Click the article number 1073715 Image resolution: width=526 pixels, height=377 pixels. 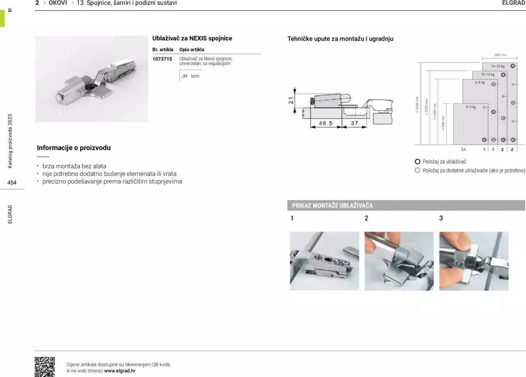point(162,59)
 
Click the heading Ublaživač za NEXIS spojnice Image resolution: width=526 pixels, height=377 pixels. point(192,38)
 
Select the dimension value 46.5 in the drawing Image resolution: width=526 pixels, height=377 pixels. point(325,123)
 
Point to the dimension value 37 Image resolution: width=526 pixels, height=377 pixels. point(354,123)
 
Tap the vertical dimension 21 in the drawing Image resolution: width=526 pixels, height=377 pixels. point(291,100)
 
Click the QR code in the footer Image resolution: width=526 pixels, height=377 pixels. point(44,366)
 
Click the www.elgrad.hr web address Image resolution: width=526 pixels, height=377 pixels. point(120,371)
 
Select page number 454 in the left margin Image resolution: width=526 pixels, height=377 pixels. point(12,183)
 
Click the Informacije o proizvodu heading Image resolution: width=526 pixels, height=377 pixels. point(74,148)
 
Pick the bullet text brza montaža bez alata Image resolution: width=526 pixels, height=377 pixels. point(74,166)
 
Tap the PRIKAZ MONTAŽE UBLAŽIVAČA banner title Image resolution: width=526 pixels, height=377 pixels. point(332,206)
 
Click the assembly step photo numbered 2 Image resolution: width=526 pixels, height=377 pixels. point(399,261)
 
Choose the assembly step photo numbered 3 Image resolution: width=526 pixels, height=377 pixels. point(473,261)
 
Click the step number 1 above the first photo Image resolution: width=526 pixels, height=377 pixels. point(292,218)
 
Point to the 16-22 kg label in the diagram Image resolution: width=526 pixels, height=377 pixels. point(498,66)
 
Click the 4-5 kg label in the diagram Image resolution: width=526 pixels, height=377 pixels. point(471,107)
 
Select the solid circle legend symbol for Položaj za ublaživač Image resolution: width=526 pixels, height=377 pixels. point(418,162)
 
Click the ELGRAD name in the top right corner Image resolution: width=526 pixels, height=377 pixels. point(513,3)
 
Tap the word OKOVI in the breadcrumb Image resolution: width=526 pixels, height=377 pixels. point(58,3)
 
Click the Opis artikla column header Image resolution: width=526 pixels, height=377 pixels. point(191,50)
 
